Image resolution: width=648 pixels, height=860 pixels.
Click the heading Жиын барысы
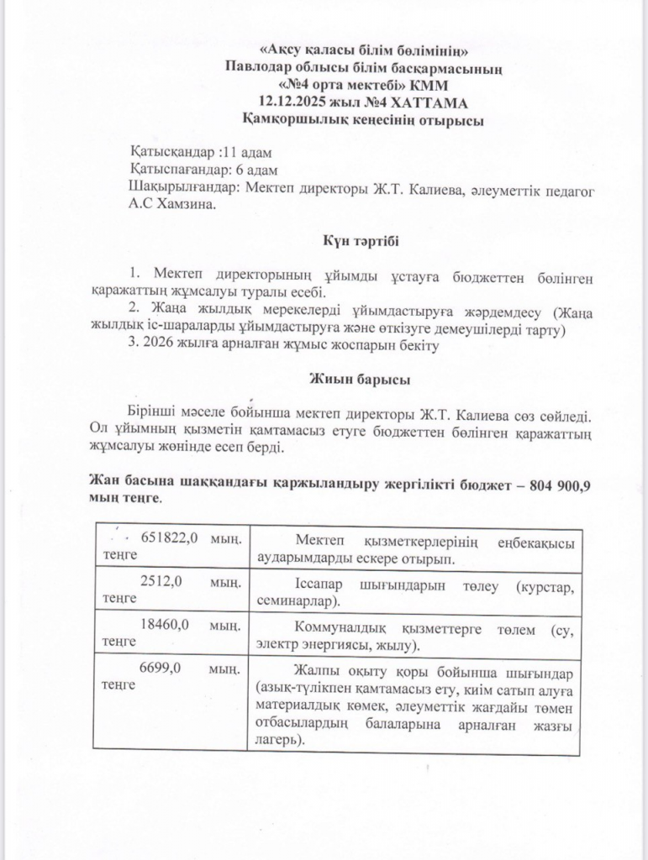pyautogui.click(x=359, y=380)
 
